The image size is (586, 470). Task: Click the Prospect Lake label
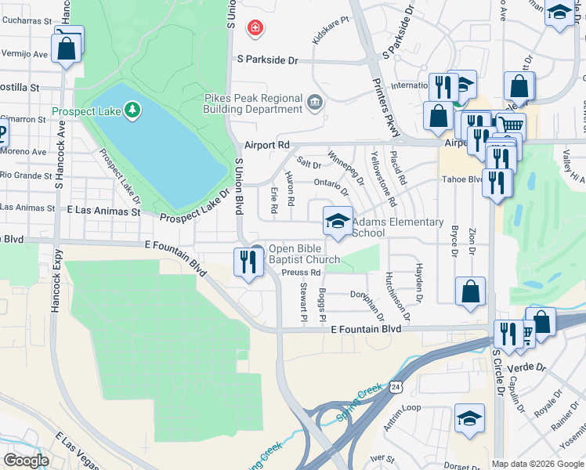86,112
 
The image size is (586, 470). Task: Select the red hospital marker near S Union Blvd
255,29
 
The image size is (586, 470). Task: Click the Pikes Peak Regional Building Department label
253,103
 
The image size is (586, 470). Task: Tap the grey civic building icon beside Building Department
315,101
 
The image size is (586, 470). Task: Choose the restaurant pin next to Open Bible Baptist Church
248,263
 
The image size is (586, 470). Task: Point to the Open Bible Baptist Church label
304,255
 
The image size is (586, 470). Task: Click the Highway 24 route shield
397,387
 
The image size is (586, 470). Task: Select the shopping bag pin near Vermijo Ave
68,47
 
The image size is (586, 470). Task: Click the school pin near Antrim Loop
469,419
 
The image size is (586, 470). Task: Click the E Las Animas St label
103,211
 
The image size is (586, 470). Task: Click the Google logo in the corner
27,461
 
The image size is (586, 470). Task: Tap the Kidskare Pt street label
330,33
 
